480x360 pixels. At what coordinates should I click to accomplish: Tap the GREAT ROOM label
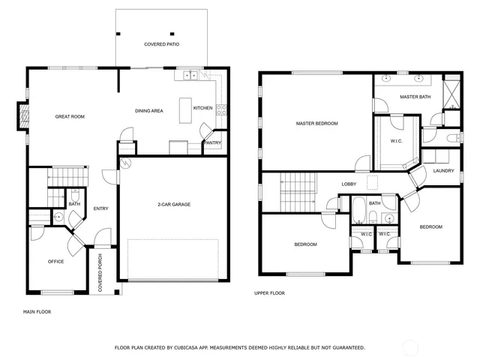coord(70,116)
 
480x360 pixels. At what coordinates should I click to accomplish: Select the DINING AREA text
coord(149,111)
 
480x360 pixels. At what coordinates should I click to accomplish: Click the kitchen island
coord(185,110)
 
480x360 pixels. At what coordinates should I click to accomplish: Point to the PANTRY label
coord(213,142)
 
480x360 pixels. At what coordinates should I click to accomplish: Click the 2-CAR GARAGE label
coord(172,205)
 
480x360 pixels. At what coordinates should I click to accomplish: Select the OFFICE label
coord(55,262)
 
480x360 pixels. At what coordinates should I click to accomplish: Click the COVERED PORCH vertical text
coord(100,273)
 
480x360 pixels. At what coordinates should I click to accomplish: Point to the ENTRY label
coord(100,208)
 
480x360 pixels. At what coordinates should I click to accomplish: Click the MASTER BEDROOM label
coord(316,123)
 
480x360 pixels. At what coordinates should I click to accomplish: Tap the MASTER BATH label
coord(414,97)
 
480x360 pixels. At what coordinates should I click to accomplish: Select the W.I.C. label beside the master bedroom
coord(397,141)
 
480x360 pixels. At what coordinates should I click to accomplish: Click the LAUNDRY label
coord(443,171)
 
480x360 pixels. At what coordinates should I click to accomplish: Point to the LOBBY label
coord(349,184)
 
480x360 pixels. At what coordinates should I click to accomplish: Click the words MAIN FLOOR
coord(37,310)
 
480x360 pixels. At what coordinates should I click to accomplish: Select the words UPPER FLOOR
coord(270,293)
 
